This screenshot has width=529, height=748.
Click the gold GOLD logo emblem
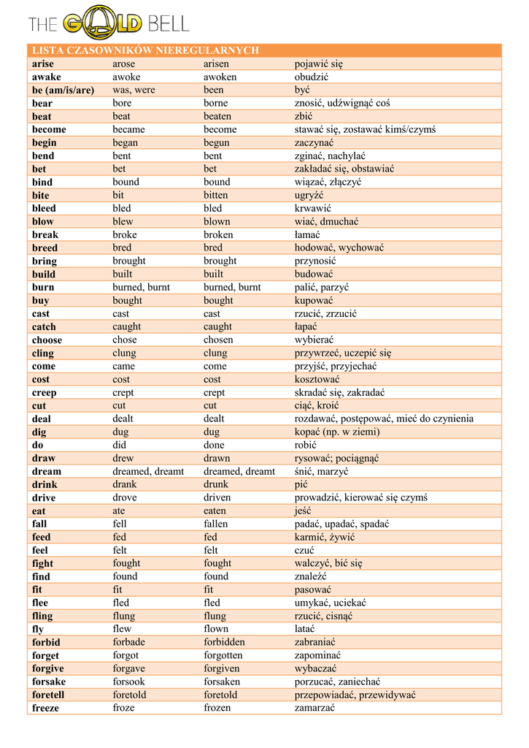click(x=101, y=24)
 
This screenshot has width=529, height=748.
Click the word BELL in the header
click(x=169, y=24)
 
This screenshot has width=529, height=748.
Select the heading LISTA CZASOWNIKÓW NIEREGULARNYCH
click(x=145, y=50)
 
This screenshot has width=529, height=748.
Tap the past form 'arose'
click(x=124, y=64)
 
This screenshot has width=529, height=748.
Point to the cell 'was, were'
click(x=134, y=90)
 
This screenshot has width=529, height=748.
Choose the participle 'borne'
click(x=215, y=103)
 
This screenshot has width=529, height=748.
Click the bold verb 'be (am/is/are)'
click(x=63, y=90)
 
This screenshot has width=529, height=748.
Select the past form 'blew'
click(x=123, y=221)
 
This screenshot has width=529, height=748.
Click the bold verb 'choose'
click(x=47, y=340)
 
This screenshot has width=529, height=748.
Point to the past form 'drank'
click(x=124, y=484)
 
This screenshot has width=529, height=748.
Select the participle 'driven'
click(x=217, y=497)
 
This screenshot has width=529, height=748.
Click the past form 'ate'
click(x=118, y=511)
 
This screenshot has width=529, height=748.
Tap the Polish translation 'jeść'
click(x=303, y=511)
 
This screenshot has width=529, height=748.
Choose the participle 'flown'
click(x=216, y=629)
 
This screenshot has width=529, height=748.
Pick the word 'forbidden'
click(x=224, y=642)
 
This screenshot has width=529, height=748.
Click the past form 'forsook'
click(x=128, y=682)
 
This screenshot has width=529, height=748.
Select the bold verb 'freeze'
click(x=45, y=708)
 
